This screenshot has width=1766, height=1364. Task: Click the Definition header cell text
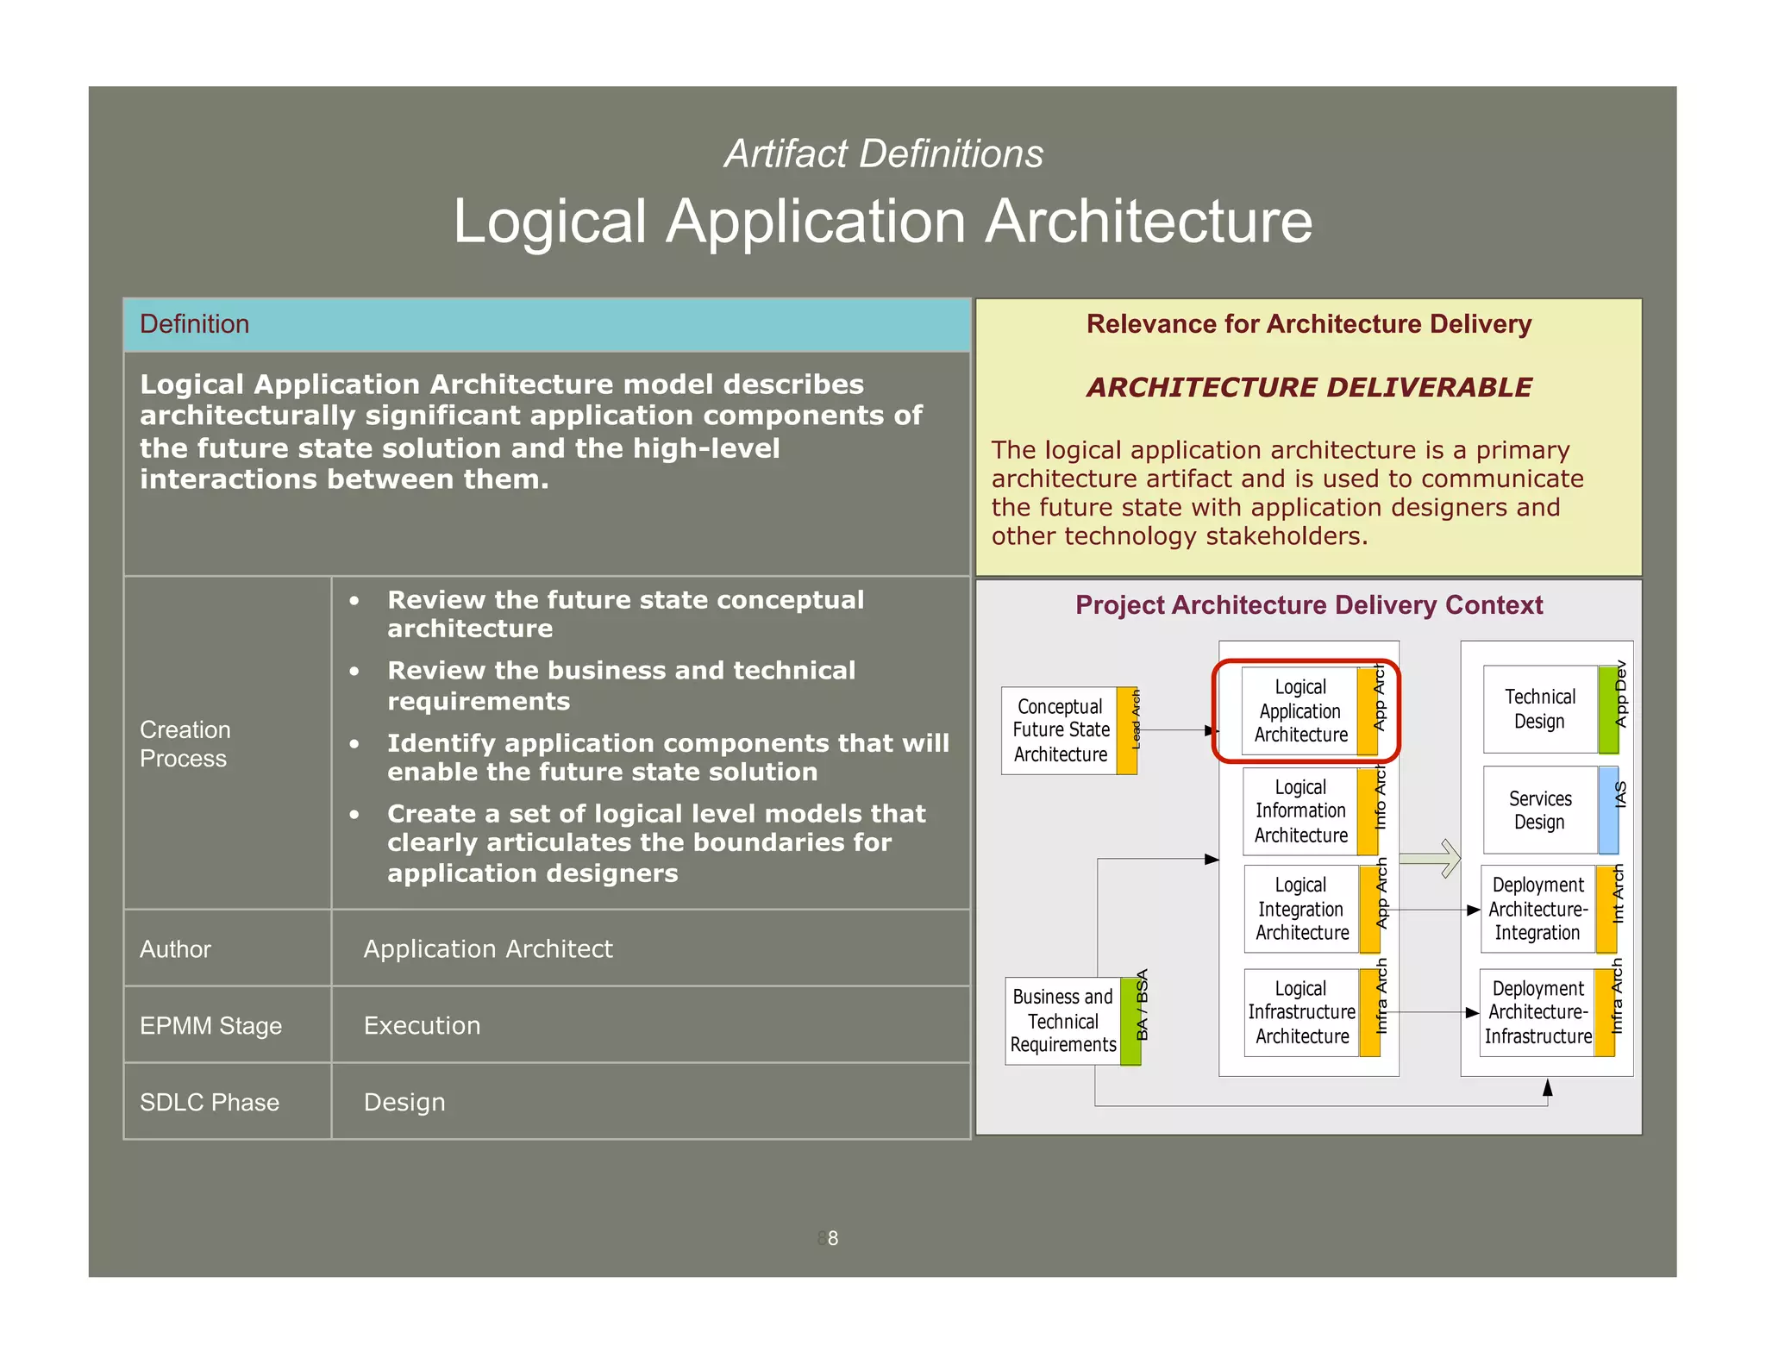(194, 324)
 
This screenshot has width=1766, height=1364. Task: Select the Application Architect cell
(487, 948)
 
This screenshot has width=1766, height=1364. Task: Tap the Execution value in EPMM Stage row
(422, 1025)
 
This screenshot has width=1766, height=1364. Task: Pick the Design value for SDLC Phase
(404, 1102)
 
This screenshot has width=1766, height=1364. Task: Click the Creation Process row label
(185, 744)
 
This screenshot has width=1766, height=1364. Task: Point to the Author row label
(175, 949)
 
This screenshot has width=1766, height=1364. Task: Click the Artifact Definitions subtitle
(883, 154)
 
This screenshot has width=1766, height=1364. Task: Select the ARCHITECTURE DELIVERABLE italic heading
(1308, 387)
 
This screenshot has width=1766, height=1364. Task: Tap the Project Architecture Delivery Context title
(1308, 605)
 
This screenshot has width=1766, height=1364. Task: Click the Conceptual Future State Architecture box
(1060, 730)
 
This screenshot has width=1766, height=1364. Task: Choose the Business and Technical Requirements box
(1062, 1021)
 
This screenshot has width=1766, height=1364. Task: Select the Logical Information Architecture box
(1300, 811)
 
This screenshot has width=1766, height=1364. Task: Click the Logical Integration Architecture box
(1301, 909)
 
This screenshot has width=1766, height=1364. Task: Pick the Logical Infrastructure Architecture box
(1301, 1012)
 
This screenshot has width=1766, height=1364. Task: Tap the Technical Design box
(1539, 709)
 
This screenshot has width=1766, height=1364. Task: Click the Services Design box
(1539, 810)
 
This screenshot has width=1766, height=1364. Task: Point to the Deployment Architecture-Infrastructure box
(1537, 1012)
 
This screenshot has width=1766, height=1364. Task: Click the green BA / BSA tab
(1131, 1021)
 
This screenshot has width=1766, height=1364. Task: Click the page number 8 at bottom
(832, 1238)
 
